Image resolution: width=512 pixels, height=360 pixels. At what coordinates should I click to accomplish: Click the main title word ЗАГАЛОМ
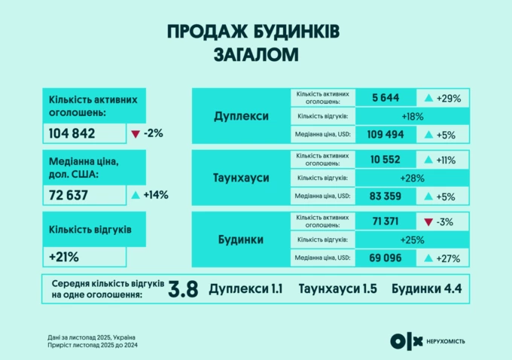click(x=255, y=54)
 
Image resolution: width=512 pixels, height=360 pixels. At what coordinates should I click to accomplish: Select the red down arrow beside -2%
click(x=136, y=134)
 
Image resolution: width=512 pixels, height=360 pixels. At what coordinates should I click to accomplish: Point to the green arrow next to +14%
click(x=136, y=195)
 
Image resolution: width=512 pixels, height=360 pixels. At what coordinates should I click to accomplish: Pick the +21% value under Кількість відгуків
click(x=65, y=256)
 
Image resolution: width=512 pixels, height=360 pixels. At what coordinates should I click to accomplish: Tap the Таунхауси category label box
click(x=240, y=178)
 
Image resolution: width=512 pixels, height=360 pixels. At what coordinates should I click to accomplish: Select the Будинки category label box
click(x=240, y=239)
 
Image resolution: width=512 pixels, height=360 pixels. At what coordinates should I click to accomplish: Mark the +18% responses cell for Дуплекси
click(x=413, y=116)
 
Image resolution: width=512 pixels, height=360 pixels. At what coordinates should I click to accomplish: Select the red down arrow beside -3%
click(x=428, y=221)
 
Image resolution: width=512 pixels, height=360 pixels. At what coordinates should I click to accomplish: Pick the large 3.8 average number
click(x=184, y=290)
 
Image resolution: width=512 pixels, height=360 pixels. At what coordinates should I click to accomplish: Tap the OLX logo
click(x=407, y=340)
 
